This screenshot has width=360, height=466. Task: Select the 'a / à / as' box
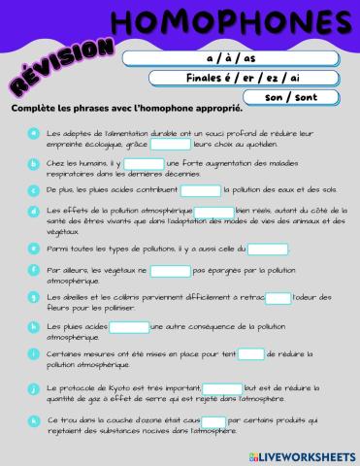[245, 58]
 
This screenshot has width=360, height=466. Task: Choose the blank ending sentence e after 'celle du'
[268, 250]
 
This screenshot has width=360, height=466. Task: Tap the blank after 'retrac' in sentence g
[278, 298]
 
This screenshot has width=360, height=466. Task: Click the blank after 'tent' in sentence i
[251, 354]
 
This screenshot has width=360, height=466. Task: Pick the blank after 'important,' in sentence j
[222, 388]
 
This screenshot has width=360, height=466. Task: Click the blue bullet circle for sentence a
[34, 131]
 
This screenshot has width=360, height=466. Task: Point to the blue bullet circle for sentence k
[34, 420]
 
